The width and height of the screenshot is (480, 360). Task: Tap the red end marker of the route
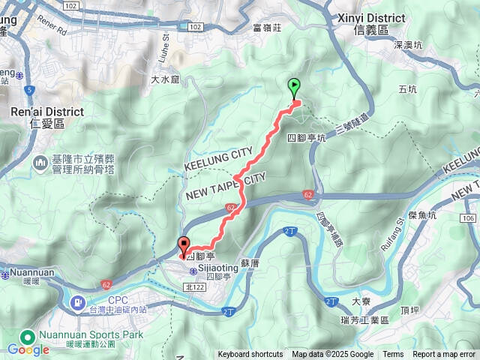(x=184, y=245)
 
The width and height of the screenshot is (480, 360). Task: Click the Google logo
(x=28, y=349)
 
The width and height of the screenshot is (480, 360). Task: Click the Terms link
(x=393, y=355)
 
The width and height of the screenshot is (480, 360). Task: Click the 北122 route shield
(x=196, y=286)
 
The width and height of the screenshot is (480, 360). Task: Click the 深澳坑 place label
(x=408, y=44)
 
